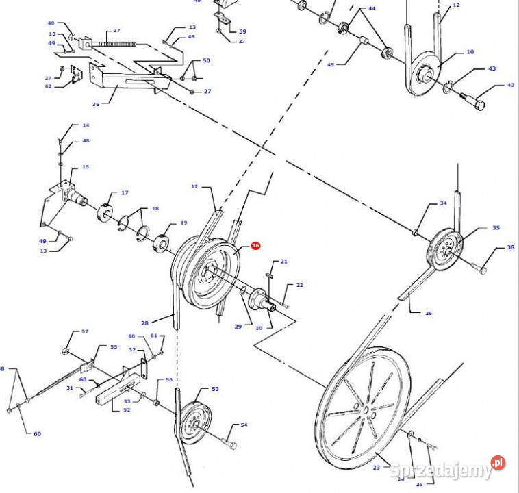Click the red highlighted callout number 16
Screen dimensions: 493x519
[x=255, y=245]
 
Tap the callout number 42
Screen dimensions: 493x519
[x=510, y=86]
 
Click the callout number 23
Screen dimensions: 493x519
[x=376, y=467]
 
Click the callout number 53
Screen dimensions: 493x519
[x=215, y=389]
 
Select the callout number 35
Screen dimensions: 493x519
[x=496, y=228]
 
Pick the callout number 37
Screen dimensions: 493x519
[x=116, y=31]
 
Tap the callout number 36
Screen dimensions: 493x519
[x=96, y=104]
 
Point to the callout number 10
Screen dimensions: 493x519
[x=470, y=52]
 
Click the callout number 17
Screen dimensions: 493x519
[x=125, y=193]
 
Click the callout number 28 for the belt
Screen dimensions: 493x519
[x=145, y=322]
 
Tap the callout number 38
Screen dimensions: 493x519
[x=510, y=248]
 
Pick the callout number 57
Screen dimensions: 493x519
[x=85, y=331]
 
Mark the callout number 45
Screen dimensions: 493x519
[x=330, y=65]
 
